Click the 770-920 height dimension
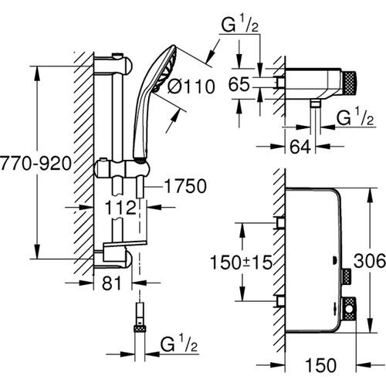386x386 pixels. click(38, 164)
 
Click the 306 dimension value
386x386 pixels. click(371, 262)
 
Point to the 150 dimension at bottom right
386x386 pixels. click(315, 362)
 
